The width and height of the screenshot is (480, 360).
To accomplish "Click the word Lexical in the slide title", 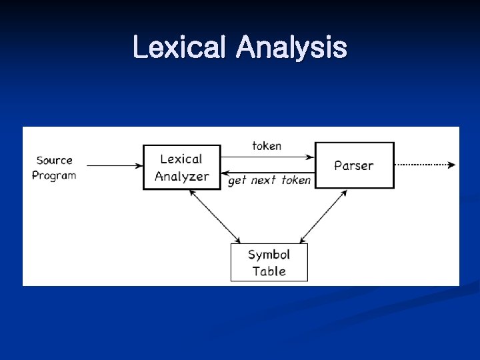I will coord(180,48).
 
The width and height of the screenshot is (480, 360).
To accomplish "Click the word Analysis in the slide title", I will coord(291,48).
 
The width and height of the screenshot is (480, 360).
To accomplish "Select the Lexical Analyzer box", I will coord(181,167).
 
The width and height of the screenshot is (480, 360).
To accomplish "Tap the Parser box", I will coord(354,165).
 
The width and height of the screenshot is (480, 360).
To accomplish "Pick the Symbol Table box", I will coord(269,263).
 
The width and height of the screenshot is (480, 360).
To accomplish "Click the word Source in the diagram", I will coord(54,160).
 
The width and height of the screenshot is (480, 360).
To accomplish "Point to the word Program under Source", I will coord(54,175).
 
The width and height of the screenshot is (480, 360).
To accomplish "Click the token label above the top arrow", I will coord(267,145).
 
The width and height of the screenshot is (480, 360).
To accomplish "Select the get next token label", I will coord(269,180).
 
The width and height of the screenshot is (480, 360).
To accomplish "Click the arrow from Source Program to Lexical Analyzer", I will coord(114,165).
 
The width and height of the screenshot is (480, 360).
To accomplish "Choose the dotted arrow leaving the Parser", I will coord(423,164).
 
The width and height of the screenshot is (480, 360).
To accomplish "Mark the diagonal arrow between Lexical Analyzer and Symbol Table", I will coord(215,216).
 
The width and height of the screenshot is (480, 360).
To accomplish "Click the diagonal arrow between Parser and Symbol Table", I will coord(323,216).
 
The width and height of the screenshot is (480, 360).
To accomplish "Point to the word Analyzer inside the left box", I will coord(181,177).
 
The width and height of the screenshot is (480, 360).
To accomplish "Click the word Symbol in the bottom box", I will coord(269,255).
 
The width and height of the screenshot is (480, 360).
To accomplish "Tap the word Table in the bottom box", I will coord(269,271).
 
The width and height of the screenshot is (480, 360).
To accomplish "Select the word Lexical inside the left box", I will coord(181,159).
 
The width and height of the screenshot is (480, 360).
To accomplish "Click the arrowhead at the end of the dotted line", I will coord(453,164).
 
